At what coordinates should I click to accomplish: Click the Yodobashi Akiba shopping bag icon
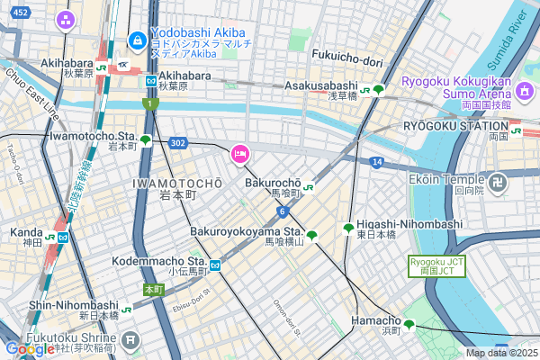point(138,40)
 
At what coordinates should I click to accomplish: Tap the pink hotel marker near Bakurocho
point(240,155)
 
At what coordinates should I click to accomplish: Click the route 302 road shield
point(177,142)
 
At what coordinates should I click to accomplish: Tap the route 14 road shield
point(376,161)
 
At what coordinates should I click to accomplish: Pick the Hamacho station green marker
point(409,325)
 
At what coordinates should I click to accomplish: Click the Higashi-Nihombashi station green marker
point(348,229)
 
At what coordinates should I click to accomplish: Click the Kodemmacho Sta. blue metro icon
point(215,265)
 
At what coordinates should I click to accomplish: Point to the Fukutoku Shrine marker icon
point(132,339)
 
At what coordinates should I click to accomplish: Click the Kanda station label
point(27,232)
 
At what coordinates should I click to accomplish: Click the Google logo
point(29,348)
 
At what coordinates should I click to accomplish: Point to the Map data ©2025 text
point(500,353)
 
